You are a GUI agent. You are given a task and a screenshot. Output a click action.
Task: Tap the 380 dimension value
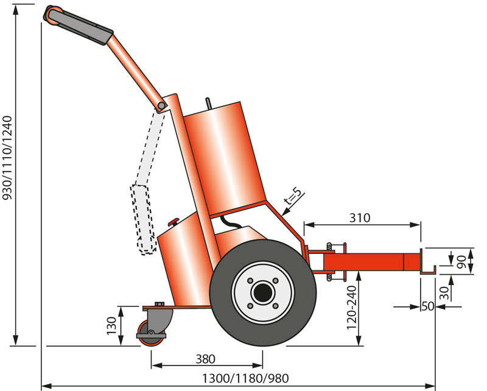point(206,359)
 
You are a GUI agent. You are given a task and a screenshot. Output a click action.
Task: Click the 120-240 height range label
point(352,308)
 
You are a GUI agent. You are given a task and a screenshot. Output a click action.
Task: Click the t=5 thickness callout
point(294,198)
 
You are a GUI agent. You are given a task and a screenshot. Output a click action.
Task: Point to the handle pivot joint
point(161,107)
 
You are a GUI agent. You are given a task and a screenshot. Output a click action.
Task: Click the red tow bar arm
point(371,262)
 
